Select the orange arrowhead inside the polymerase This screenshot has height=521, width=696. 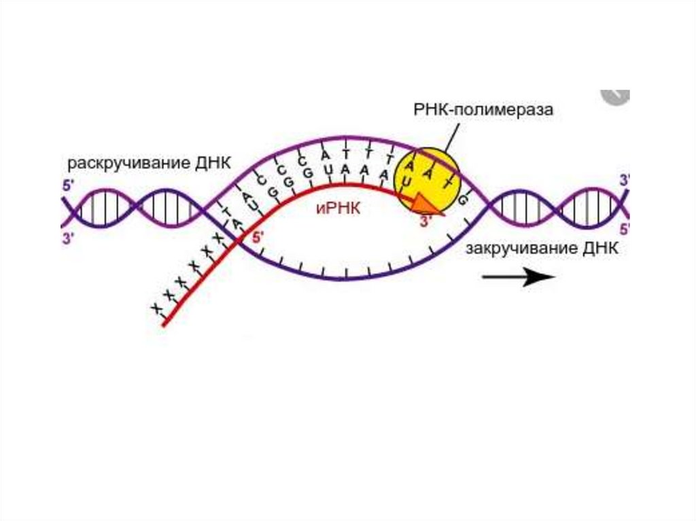[x=424, y=204]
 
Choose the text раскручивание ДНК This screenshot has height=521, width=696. [x=149, y=164]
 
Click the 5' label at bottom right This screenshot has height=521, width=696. [x=625, y=229]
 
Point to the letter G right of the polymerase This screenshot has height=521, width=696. [x=464, y=200]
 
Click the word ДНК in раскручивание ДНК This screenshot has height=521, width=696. [x=213, y=164]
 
